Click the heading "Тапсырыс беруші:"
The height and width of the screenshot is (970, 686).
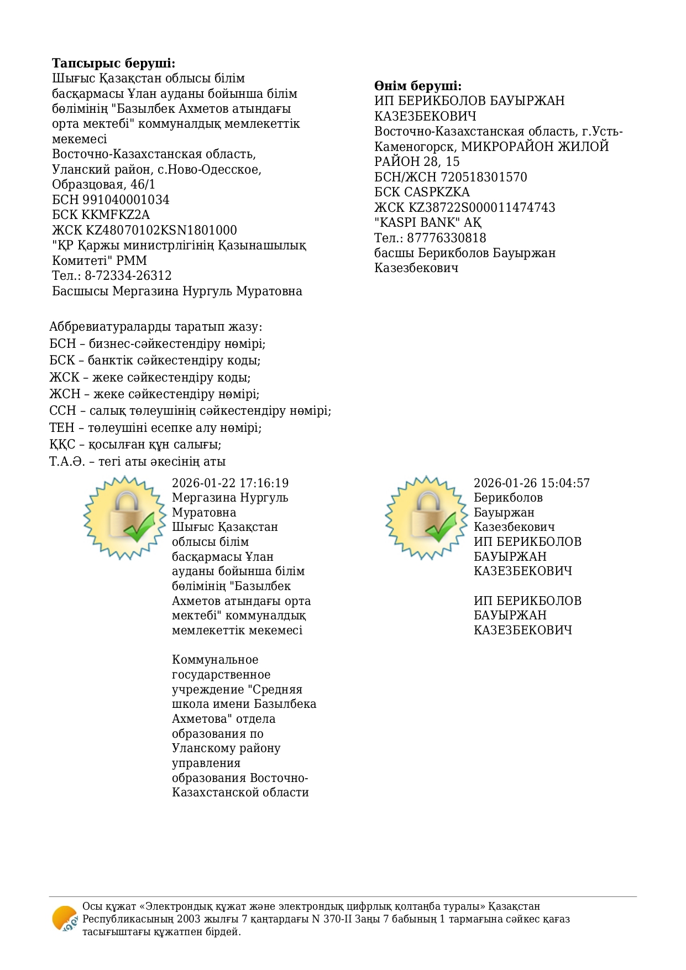click(113, 63)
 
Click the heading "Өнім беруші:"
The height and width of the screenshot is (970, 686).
click(417, 86)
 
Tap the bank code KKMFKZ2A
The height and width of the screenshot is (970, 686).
click(116, 215)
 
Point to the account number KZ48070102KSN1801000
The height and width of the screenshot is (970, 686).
click(161, 230)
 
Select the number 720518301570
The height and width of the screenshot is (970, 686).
click(484, 177)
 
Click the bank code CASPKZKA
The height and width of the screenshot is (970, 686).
click(437, 192)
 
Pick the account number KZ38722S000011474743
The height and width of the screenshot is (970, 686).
click(482, 207)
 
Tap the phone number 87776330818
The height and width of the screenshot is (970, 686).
click(447, 238)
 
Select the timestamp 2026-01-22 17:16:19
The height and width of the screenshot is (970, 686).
click(230, 483)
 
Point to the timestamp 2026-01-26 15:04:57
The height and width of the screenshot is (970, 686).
click(531, 483)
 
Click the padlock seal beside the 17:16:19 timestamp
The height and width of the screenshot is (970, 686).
click(125, 517)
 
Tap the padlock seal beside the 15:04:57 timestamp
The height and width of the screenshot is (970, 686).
click(426, 517)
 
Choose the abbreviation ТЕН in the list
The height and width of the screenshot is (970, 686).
click(61, 428)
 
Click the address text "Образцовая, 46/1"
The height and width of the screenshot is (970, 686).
click(103, 184)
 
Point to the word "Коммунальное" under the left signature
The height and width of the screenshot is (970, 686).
click(215, 660)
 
